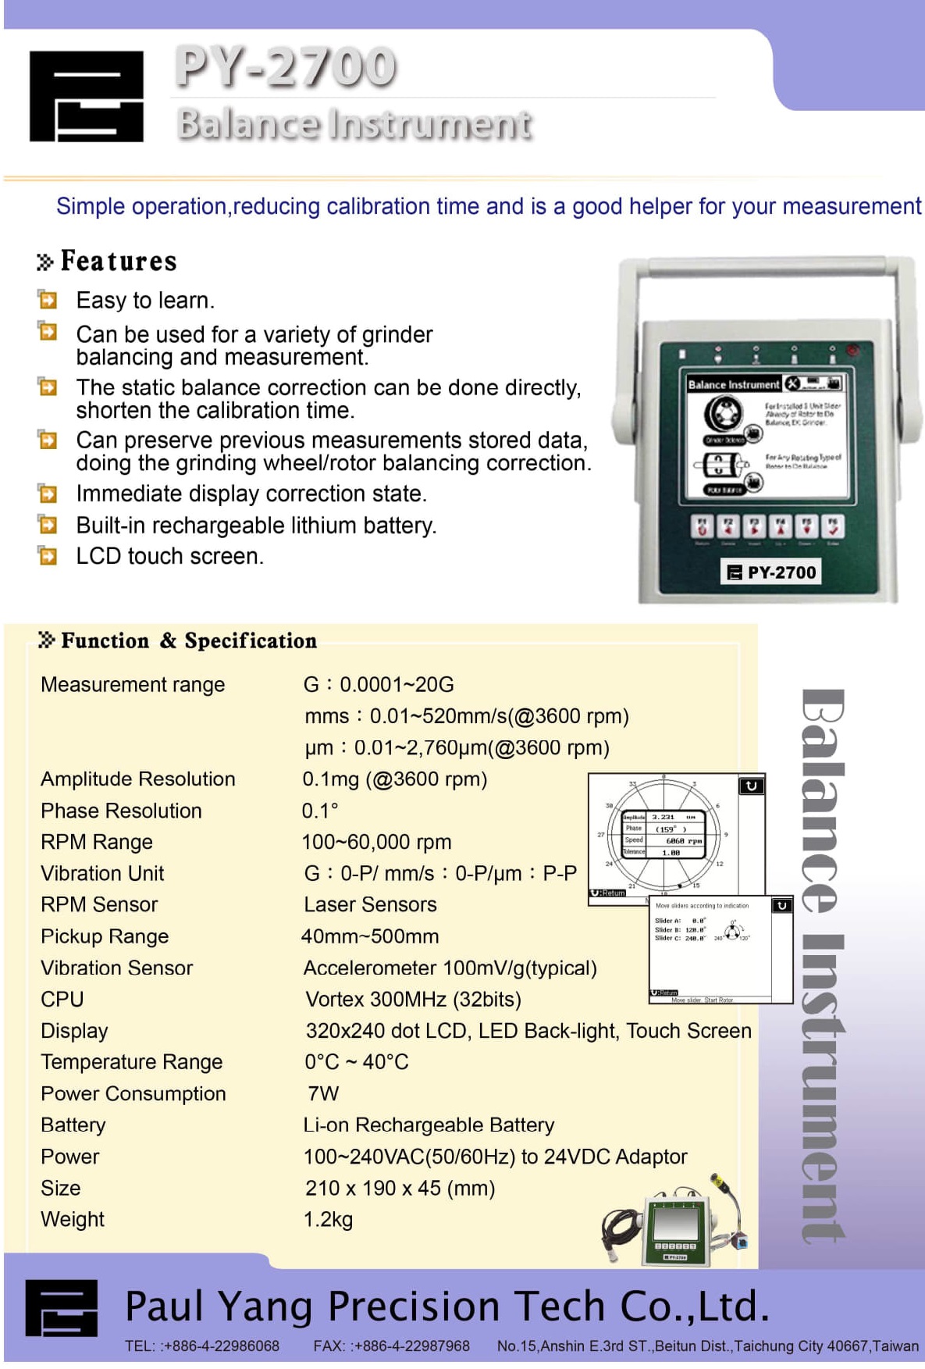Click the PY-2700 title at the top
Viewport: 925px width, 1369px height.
pos(285,66)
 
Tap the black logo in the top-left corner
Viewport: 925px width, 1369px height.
pos(86,96)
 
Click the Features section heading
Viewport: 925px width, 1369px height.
pos(118,261)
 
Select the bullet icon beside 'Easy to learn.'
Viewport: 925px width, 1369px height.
pos(48,300)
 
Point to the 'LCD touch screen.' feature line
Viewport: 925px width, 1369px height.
pos(169,556)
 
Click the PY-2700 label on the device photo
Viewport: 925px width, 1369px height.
pos(771,572)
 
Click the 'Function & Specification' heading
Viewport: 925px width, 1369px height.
pos(189,641)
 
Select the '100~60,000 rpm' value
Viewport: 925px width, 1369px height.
pos(376,842)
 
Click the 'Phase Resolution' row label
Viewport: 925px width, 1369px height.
pos(121,811)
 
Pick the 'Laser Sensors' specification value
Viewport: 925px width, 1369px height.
pos(370,904)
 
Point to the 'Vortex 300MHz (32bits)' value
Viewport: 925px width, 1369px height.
pos(413,999)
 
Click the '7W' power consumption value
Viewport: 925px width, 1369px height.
pos(322,1093)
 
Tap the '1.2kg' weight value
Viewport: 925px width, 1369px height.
pos(328,1219)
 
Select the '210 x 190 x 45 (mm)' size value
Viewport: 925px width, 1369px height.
pos(400,1188)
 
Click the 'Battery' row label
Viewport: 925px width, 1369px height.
pos(73,1125)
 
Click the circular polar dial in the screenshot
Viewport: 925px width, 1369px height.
pos(663,835)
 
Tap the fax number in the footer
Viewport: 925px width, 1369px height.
pos(391,1346)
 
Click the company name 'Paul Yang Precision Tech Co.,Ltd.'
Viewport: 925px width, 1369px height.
pos(446,1305)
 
